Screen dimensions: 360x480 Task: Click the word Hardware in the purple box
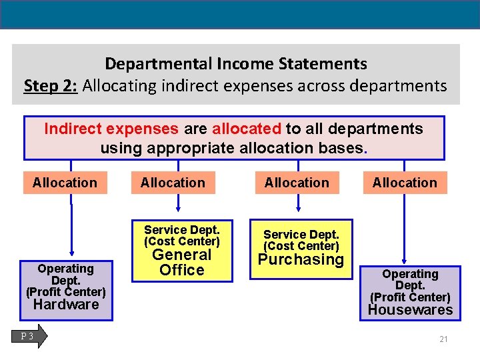[x=66, y=305]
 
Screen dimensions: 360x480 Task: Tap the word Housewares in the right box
[x=410, y=309]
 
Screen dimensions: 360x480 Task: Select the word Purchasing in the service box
[x=301, y=259]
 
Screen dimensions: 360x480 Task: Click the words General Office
[x=182, y=263]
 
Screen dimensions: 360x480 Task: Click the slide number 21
[x=443, y=339]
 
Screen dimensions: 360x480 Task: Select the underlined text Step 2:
[x=51, y=85]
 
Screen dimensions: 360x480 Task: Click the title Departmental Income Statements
[x=236, y=64]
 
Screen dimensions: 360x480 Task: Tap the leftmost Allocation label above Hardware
[x=65, y=183]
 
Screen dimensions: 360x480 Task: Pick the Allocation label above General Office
[x=173, y=183]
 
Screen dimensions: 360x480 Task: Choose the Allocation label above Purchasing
[x=297, y=183]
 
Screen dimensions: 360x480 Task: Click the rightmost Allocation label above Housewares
[x=405, y=183]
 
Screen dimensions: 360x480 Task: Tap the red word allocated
[x=247, y=129]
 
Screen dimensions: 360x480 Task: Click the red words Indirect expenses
[x=111, y=129]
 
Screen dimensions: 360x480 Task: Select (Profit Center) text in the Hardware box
[x=66, y=292]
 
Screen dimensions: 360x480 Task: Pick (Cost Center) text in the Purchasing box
[x=301, y=246]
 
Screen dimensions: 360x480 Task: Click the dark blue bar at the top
[x=240, y=14]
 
